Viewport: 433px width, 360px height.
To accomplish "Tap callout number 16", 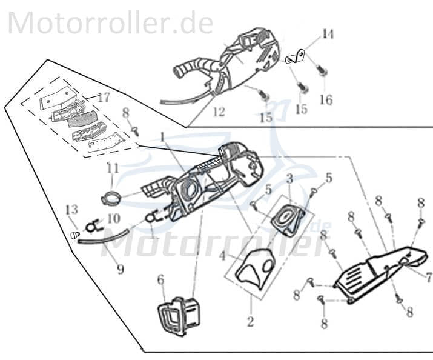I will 326,100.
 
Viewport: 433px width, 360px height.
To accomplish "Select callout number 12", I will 219,112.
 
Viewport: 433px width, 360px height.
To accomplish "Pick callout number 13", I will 71,210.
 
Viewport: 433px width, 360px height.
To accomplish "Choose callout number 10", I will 113,217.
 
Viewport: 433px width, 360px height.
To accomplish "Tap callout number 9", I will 121,268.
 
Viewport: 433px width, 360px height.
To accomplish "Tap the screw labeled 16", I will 322,72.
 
